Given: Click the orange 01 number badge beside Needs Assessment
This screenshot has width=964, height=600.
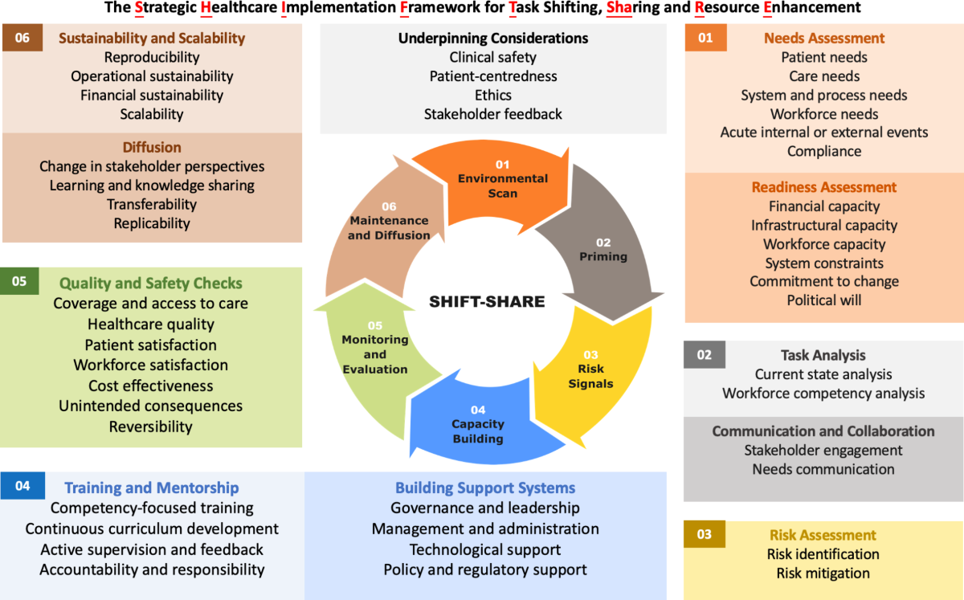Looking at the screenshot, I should pos(705,38).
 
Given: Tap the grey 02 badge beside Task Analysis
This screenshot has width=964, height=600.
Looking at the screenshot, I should pos(704,355).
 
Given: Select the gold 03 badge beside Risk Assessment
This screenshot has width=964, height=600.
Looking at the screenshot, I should pos(704,535).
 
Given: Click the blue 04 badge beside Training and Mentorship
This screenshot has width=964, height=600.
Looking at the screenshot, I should pos(22,487).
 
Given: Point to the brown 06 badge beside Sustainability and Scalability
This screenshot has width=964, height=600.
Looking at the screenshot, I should pos(22,38).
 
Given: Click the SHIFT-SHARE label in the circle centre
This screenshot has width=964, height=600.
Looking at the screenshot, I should pos(487,302).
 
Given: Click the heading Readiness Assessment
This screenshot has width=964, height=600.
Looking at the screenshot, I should pos(824,187).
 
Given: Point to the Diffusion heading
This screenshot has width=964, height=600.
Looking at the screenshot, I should pos(152,148).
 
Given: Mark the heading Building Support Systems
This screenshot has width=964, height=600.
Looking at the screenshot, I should pos(485,488).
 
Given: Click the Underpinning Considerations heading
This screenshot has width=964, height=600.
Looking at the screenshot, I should pos(493,38).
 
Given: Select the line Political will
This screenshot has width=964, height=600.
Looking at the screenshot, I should pos(824,300).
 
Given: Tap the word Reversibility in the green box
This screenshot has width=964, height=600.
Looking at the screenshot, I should pos(151,426).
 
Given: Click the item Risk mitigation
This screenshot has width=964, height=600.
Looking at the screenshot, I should pos(823,573).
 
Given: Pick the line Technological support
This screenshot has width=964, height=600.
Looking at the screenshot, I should pos(485,549).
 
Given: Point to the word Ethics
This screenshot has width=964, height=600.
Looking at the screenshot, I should pos(493,95).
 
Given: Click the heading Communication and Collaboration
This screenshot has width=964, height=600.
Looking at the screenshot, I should pos(823,431).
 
